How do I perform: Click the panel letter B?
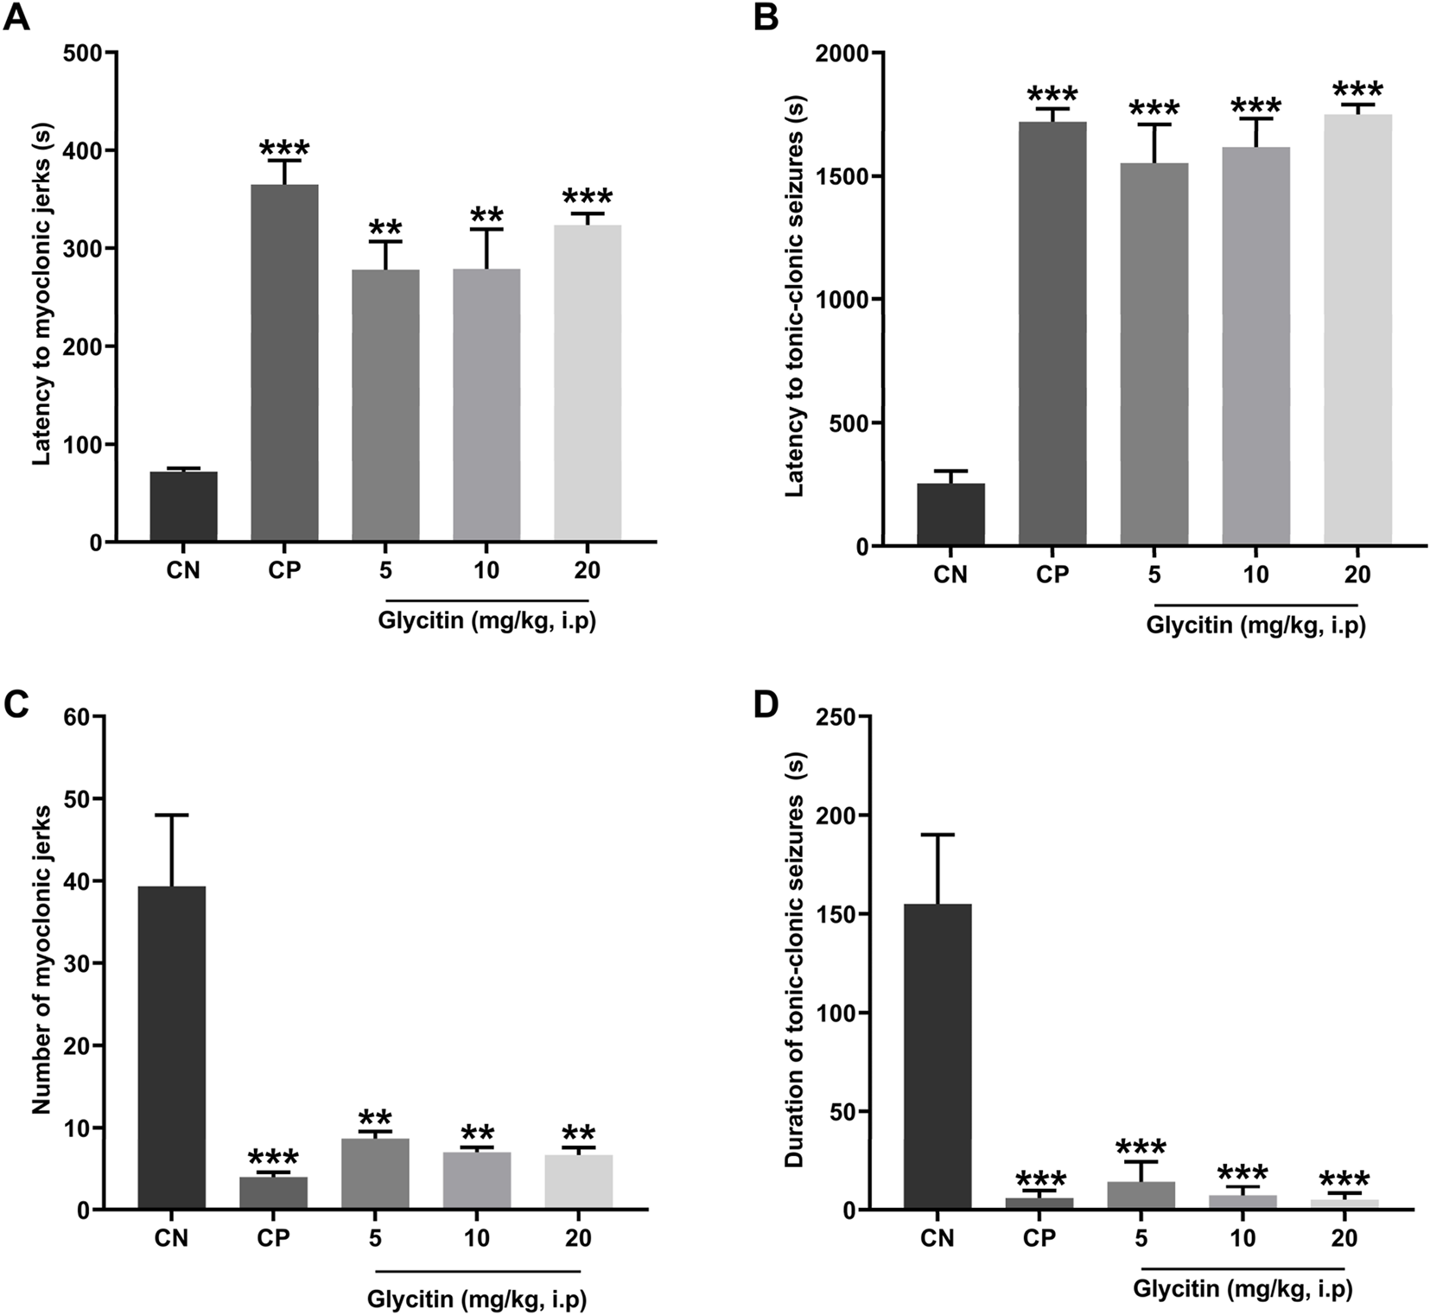(x=766, y=18)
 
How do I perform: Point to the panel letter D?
(x=766, y=704)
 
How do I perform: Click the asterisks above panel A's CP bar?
(x=284, y=147)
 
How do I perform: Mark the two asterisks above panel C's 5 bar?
(x=375, y=1117)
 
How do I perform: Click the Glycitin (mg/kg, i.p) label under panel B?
(x=1255, y=626)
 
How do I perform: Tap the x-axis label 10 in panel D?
(x=1242, y=1238)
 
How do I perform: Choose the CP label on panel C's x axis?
(x=273, y=1238)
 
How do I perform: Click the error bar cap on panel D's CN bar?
(x=937, y=835)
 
